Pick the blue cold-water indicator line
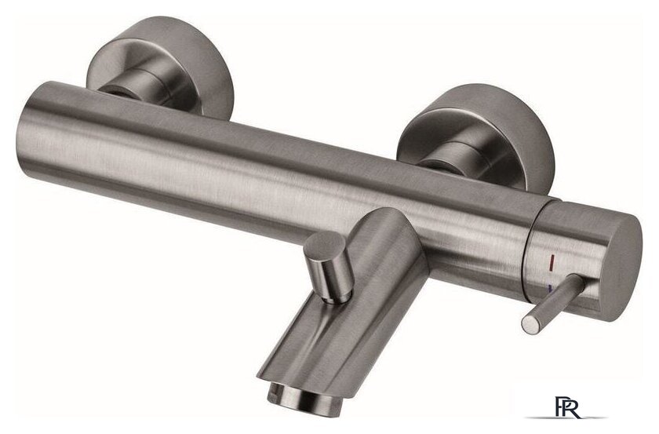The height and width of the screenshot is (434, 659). tap(551, 288)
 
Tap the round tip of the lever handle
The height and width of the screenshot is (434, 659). tap(531, 324)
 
